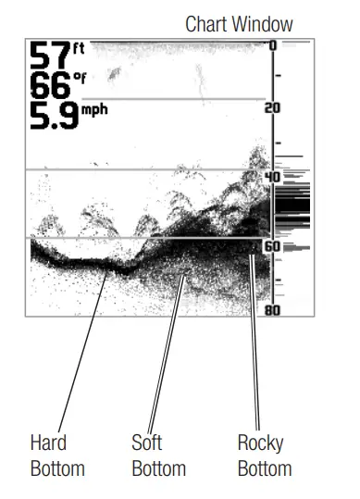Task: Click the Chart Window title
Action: [239, 24]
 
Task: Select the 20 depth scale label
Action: [272, 108]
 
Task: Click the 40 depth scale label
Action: [272, 177]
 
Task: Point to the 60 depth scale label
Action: [272, 247]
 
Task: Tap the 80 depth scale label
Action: [272, 310]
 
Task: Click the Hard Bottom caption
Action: [56, 455]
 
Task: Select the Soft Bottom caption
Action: [158, 455]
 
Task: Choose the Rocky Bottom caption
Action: [264, 455]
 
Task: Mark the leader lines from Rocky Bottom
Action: [255, 343]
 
